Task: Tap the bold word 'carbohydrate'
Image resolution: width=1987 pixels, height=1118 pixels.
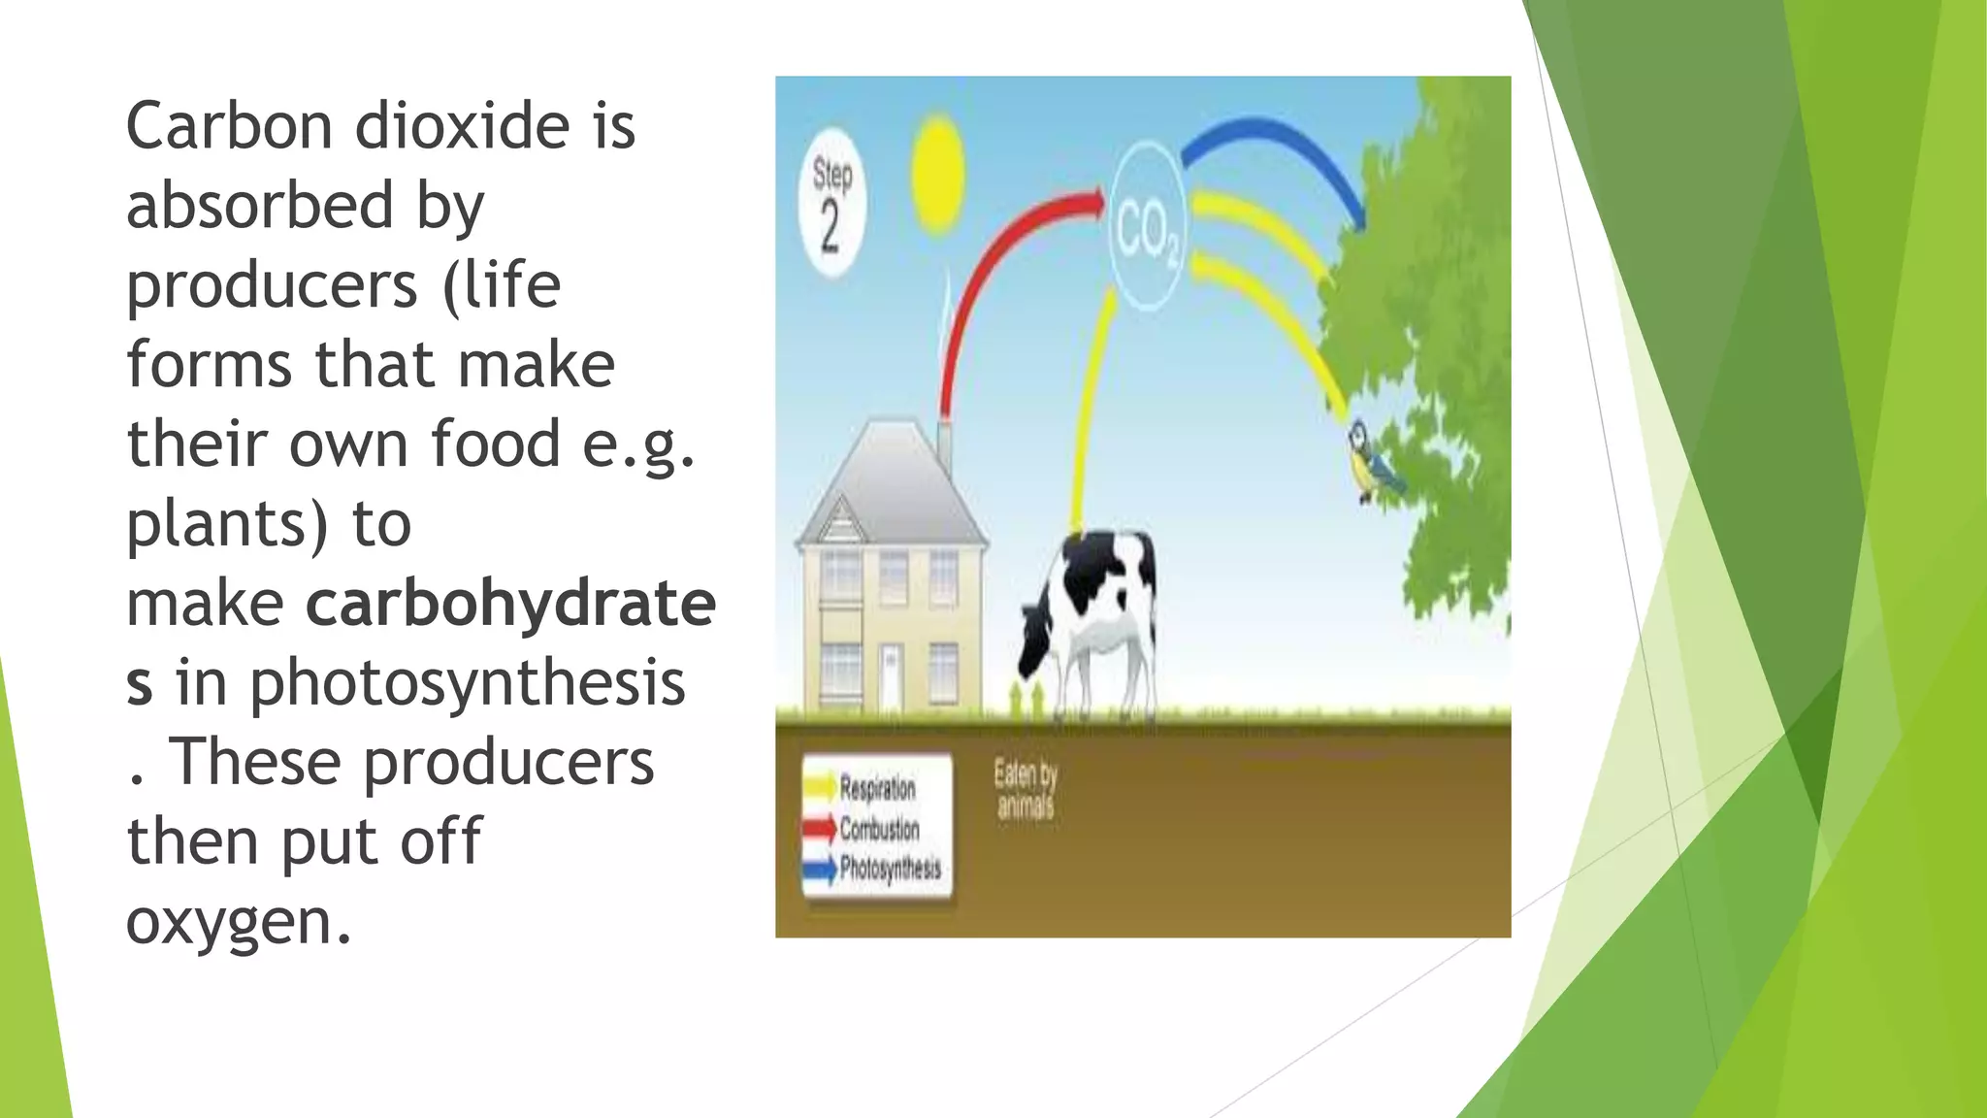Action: [x=510, y=604]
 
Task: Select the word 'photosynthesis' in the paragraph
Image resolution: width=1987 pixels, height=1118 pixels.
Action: [x=468, y=683]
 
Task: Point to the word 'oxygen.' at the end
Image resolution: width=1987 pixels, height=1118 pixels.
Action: [x=238, y=921]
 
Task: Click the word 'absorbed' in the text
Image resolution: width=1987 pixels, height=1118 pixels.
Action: [x=260, y=206]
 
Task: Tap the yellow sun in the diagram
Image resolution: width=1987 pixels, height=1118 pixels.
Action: [x=937, y=176]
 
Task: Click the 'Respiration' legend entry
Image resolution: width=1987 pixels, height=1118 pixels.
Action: [x=876, y=788]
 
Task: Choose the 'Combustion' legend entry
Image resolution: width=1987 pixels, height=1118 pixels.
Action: [x=878, y=829]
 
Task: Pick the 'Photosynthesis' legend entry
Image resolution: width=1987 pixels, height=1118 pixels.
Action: [x=889, y=868]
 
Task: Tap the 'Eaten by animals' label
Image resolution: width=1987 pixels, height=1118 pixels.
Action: [x=1025, y=790]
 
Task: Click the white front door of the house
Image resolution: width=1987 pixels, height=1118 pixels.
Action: [x=890, y=676]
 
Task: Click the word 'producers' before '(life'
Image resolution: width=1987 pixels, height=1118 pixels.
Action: [x=272, y=285]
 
